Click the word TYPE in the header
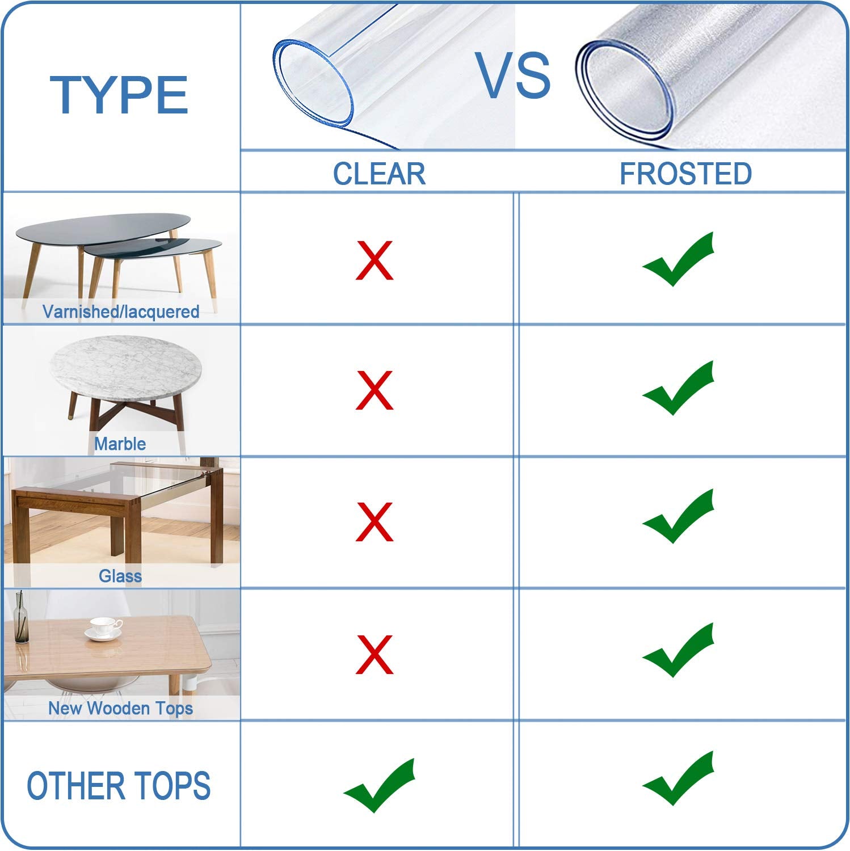tap(119, 95)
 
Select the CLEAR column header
tap(379, 174)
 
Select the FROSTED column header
tap(685, 174)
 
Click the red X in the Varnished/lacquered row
tap(374, 260)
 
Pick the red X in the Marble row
tap(374, 390)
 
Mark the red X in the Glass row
tap(374, 521)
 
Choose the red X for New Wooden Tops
tap(374, 654)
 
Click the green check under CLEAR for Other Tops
tap(379, 786)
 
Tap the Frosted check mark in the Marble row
tap(678, 389)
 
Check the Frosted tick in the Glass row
tap(678, 517)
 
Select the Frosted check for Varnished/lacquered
tap(678, 260)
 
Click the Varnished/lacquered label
tap(121, 311)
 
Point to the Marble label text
tap(120, 444)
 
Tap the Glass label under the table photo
tap(120, 576)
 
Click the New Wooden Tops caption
tap(120, 708)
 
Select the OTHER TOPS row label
tap(119, 786)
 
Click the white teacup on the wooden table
tap(103, 628)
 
